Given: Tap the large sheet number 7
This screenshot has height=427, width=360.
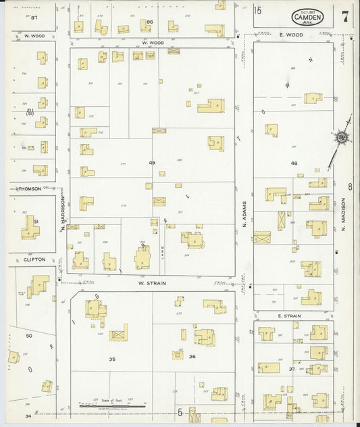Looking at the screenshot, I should pos(345,17).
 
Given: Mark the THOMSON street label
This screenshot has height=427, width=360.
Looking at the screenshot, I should pos(28,189).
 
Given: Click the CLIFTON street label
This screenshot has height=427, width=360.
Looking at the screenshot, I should pos(34,259).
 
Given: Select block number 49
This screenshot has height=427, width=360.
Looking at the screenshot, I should pos(152,163).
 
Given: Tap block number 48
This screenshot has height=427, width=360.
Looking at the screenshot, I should pos(294,164).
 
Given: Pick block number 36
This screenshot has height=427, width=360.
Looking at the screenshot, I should pos(192,357).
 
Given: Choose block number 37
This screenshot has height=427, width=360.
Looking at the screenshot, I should pos(292,370).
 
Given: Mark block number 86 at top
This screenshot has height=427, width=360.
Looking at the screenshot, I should pos(150,22).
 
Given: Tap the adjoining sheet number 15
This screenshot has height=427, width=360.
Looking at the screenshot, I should pos(257,9).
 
